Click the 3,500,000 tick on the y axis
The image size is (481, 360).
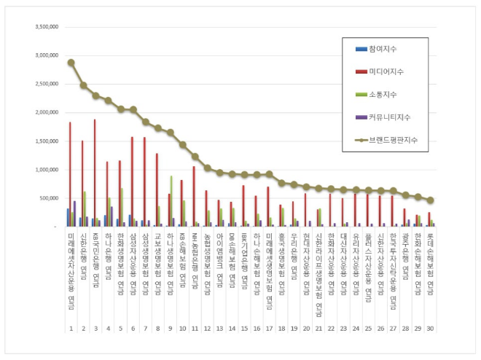coord(46,26)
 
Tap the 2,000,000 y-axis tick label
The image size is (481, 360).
coord(46,112)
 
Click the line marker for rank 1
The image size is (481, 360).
coord(71,63)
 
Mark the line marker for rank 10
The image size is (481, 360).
coord(182,145)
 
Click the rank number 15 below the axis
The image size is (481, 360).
coord(244,329)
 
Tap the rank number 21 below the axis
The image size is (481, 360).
coord(318,329)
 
